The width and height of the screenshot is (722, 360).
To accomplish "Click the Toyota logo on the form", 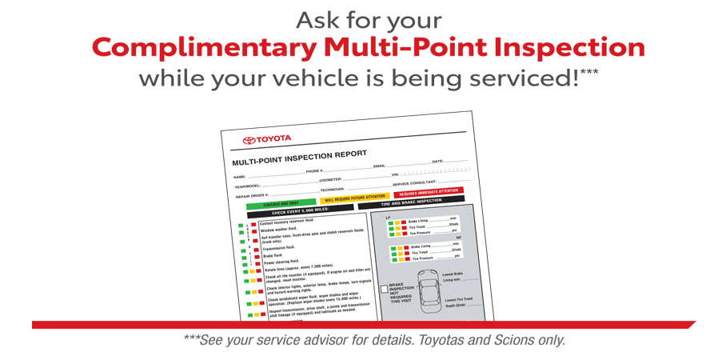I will pos(267,140).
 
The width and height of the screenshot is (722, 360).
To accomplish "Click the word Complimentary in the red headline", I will pos(204,48).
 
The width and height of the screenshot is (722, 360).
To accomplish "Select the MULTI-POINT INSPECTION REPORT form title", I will pos(299,157).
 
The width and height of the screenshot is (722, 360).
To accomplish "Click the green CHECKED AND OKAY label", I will pos(281,204).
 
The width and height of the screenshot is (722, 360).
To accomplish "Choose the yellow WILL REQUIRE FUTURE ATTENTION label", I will pos(355,198).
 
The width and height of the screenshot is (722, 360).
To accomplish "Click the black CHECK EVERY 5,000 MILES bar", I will pos(301,211).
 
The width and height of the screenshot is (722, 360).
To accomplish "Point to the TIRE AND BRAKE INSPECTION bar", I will pos(411,202).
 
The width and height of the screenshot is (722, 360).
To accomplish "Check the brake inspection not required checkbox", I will pos(384,288).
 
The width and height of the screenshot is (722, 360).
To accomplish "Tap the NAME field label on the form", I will pos(239,177).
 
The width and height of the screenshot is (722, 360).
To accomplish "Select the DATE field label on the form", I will pos(437,162).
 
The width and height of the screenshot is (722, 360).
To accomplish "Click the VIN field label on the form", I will pos(395,174).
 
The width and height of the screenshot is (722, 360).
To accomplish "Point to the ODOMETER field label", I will pos(330,180).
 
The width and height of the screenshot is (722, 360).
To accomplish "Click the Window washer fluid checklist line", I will pos(279,230).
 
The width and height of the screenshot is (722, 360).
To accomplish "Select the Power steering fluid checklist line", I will pos(282,261).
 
